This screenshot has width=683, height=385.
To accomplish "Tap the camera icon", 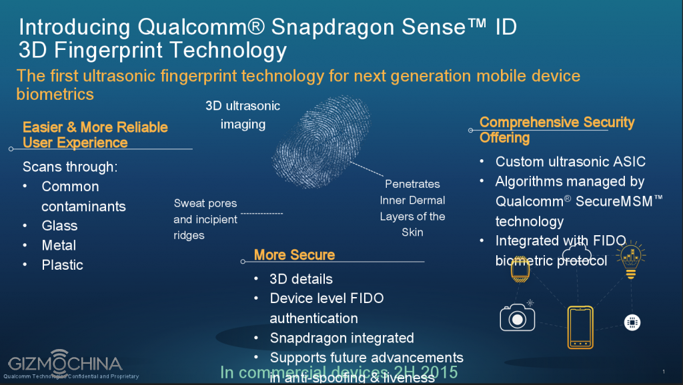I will (517, 318).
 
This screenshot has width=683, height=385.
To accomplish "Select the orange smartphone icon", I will (580, 327).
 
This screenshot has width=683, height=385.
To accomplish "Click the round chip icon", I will (632, 322).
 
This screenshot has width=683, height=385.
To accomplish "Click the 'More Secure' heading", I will (294, 254).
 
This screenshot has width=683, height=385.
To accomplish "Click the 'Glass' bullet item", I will (59, 226).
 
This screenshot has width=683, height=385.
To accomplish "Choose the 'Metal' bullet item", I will (59, 245).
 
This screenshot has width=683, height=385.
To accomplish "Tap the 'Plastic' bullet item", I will (62, 264).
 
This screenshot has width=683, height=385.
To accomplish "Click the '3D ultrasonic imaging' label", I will (243, 115).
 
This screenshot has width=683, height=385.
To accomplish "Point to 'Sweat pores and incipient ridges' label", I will (205, 218).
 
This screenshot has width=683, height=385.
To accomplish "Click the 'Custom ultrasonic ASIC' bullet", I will (570, 161).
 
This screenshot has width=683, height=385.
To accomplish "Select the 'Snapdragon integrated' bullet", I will (341, 338).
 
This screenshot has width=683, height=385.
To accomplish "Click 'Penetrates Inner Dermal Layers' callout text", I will (412, 207).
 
